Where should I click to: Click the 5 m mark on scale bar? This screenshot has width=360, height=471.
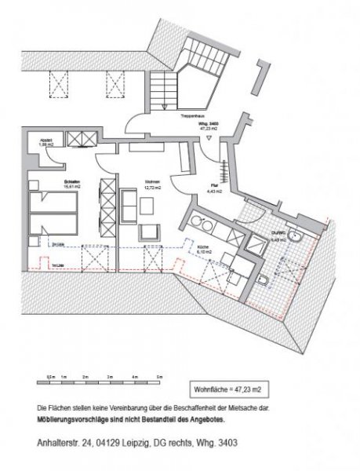click(x=161, y=378)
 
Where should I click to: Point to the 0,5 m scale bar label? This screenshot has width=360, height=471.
click(x=51, y=378)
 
